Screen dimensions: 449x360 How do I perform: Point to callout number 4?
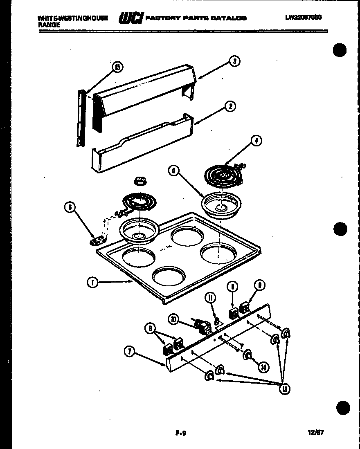pos(256,141)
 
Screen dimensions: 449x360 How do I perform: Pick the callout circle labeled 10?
pos(173,320)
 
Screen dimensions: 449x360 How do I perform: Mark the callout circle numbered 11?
pos(211,299)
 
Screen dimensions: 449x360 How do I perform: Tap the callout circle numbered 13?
pos(284,388)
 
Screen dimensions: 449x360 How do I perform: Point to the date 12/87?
pos(316,432)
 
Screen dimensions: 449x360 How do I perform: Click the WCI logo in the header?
pos(130,18)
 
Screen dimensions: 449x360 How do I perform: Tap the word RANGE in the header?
pos(49,25)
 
